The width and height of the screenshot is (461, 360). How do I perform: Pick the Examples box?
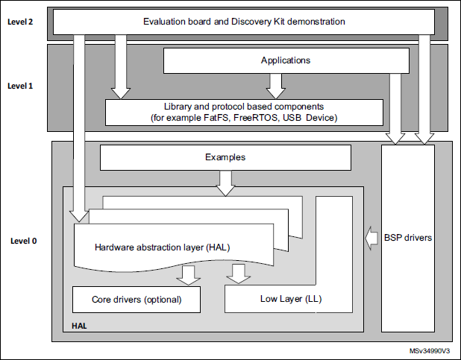point(225,157)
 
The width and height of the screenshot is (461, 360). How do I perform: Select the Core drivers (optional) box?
point(137,300)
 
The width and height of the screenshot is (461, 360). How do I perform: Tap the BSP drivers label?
point(407,239)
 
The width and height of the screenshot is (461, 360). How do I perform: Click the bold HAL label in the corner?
point(78,326)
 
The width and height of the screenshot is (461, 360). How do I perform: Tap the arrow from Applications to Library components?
point(275,86)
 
